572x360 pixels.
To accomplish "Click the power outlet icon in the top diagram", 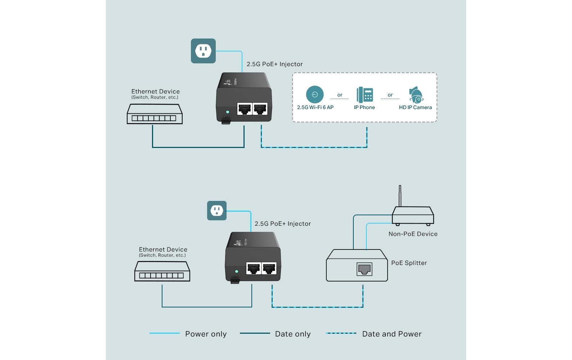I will coord(203,51).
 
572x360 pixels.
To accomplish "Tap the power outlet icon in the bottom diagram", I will coord(216,211).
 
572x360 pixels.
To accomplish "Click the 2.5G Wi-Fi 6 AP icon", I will coord(314,94).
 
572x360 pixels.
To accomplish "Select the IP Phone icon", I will coord(365,95).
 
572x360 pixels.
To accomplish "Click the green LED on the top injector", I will coord(227,112).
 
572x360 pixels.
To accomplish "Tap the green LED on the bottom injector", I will coord(236,271).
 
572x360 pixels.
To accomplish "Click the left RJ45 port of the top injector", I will coord(245,108).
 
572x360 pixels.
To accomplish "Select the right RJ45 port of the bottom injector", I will coord(269,268).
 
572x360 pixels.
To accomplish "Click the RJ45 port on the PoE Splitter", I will coord(364,269).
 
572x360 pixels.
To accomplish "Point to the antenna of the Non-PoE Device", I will coord(400,195).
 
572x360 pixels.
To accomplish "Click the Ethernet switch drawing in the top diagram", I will coord(155,114).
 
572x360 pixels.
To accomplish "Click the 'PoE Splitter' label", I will coord(409,263).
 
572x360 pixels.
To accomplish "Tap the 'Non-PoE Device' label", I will coord(413,234).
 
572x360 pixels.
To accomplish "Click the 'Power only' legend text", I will coord(206,334).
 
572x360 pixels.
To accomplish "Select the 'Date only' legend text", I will coord(292,334).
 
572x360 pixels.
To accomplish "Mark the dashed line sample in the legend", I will coord(341,333).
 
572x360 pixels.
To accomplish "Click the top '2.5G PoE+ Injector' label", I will coord(274,64).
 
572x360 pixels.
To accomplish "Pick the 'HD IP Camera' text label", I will coord(415,107).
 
